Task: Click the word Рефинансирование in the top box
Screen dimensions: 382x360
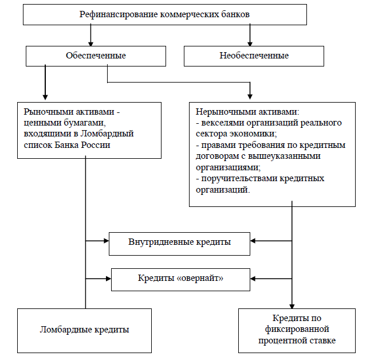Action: (x=119, y=15)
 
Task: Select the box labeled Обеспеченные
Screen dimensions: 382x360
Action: (x=96, y=56)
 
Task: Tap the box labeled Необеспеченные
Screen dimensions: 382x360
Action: (x=254, y=56)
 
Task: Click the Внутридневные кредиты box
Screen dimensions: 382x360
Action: (x=179, y=244)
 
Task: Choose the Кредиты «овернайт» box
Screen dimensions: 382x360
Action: (x=180, y=280)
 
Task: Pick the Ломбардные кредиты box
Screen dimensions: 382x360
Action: (x=84, y=331)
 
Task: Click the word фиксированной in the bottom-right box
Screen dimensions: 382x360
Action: (x=297, y=329)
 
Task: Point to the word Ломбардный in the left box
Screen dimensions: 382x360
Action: (x=107, y=134)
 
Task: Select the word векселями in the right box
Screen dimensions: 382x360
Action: (x=223, y=123)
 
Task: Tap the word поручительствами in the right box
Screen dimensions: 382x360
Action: (x=239, y=179)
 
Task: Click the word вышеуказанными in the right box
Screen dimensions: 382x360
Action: (x=284, y=156)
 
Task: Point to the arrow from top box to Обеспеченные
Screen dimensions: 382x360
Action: (x=90, y=35)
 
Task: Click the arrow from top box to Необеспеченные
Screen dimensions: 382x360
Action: (x=250, y=35)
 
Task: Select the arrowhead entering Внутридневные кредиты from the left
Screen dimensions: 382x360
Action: (x=107, y=241)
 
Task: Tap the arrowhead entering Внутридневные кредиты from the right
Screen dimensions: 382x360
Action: (x=253, y=241)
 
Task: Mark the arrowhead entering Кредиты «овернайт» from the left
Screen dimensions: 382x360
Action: (x=109, y=279)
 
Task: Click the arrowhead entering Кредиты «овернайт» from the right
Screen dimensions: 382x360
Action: (x=253, y=279)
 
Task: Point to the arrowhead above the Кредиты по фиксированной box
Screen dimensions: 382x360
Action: (x=292, y=306)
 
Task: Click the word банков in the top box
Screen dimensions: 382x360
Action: (x=235, y=14)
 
